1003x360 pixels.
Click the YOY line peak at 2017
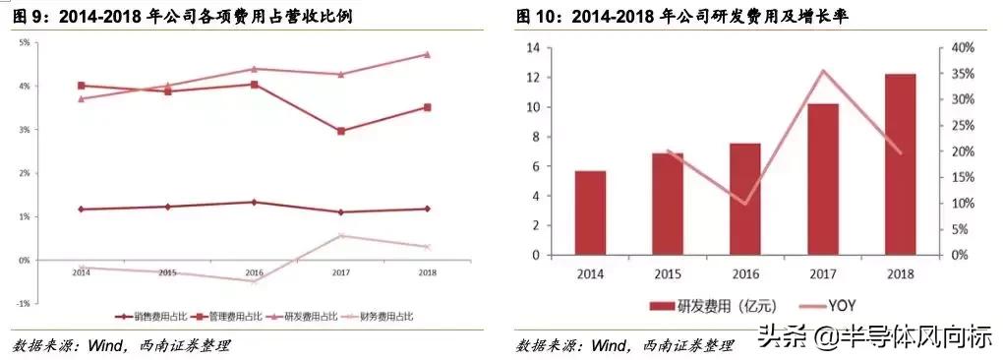point(822,71)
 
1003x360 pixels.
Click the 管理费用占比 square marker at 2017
point(341,131)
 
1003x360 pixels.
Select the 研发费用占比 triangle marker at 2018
point(427,54)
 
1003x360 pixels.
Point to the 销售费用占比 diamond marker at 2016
point(254,203)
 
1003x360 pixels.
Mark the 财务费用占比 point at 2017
point(341,235)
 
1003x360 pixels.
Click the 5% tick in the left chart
point(23,43)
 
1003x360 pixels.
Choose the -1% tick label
point(23,303)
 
